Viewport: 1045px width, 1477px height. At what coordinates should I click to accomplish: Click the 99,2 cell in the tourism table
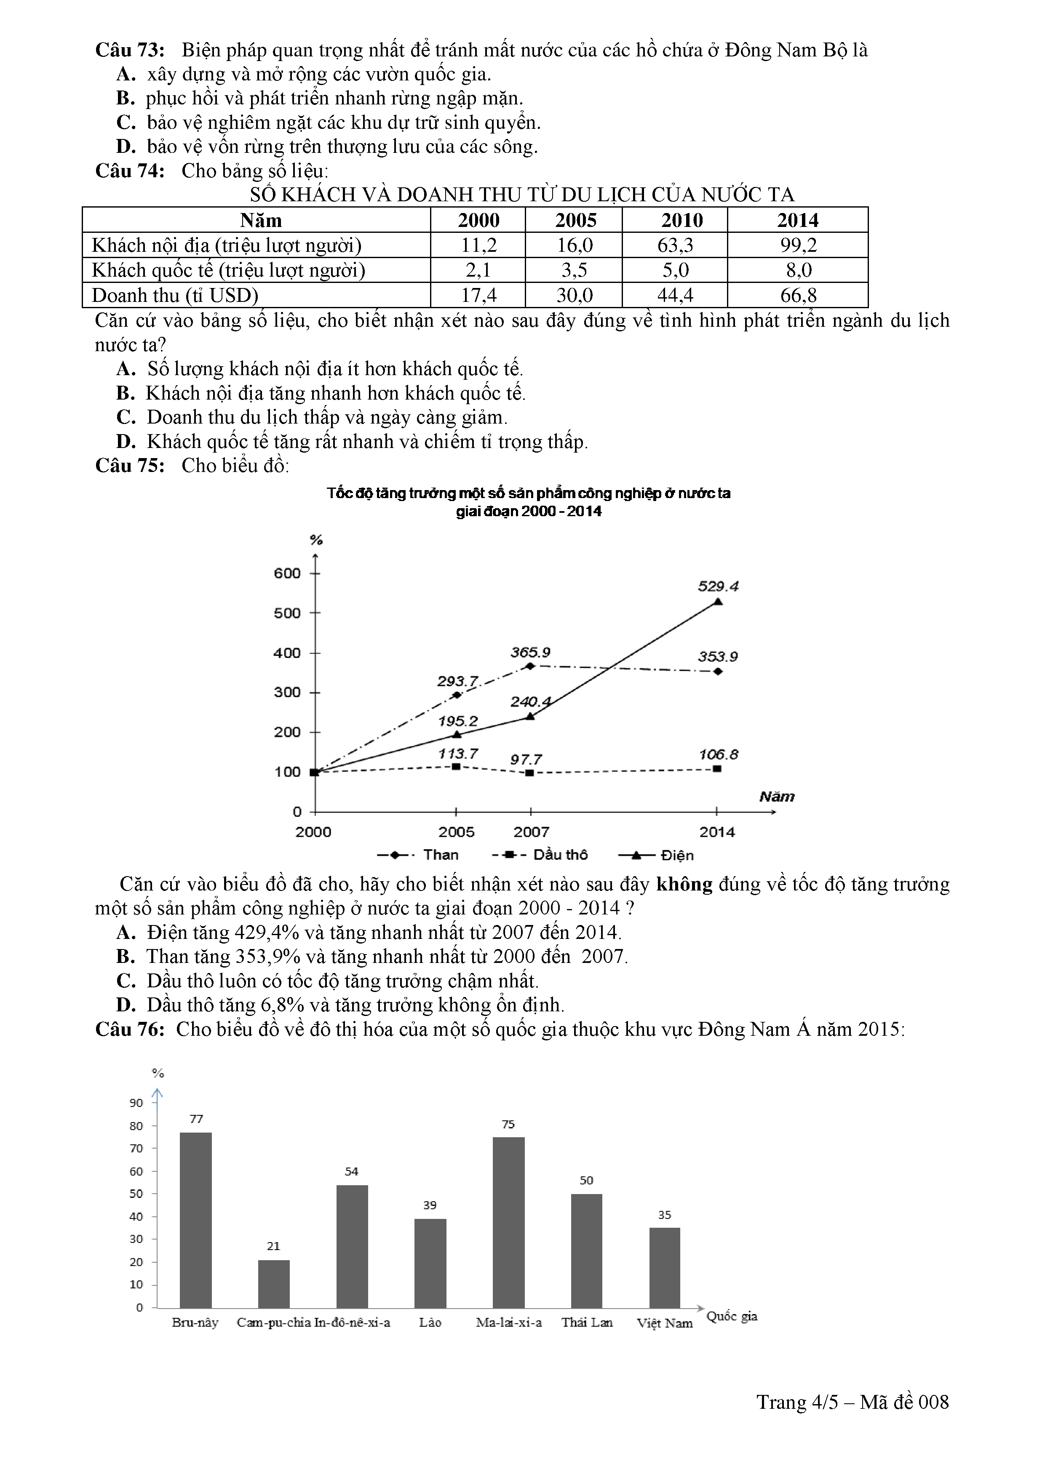798,245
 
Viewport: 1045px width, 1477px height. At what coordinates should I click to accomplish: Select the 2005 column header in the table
575,220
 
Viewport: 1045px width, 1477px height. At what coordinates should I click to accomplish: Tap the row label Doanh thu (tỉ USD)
175,295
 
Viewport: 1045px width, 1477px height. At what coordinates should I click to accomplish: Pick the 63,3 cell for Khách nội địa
675,245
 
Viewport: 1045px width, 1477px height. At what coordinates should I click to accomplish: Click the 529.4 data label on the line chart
718,586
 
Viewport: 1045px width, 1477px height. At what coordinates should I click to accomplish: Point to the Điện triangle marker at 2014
718,602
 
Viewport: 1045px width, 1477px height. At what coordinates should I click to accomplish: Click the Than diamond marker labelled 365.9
530,666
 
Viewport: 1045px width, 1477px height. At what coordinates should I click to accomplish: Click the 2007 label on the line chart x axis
531,832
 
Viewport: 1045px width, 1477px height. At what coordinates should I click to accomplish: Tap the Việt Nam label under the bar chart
665,1323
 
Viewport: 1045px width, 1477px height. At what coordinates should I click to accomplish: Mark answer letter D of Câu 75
126,1005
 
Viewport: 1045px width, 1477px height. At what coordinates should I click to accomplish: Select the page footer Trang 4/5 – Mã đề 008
852,1402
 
